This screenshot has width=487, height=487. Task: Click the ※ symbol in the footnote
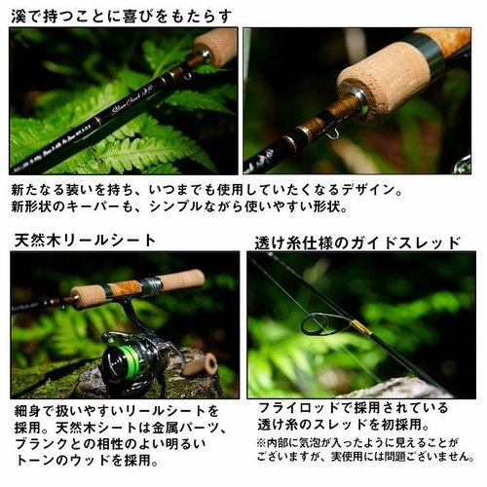263,441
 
